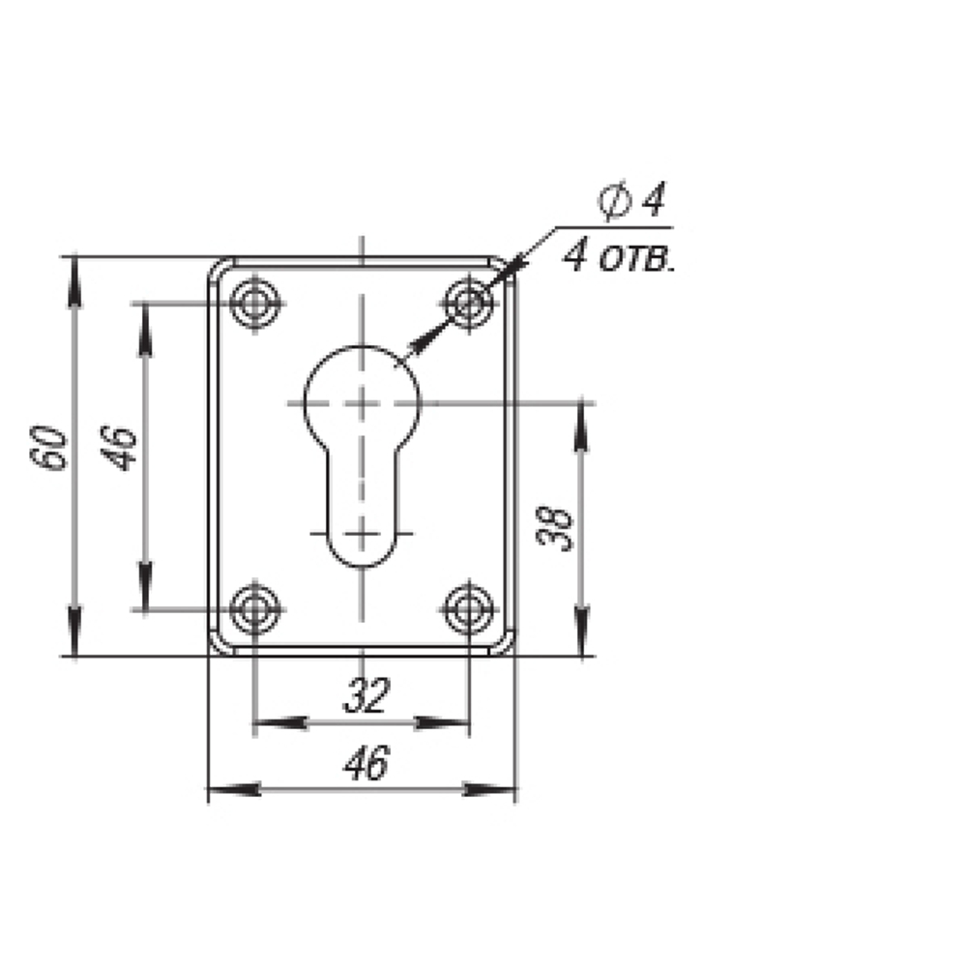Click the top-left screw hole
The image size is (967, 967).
click(x=254, y=304)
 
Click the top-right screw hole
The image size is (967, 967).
click(x=469, y=304)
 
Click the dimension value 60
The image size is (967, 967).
click(x=48, y=447)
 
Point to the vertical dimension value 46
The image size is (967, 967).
click(x=118, y=447)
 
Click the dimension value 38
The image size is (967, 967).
click(x=554, y=529)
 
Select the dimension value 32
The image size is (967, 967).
click(x=366, y=695)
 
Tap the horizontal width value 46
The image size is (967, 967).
click(x=366, y=763)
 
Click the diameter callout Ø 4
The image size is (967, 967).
click(x=632, y=200)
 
